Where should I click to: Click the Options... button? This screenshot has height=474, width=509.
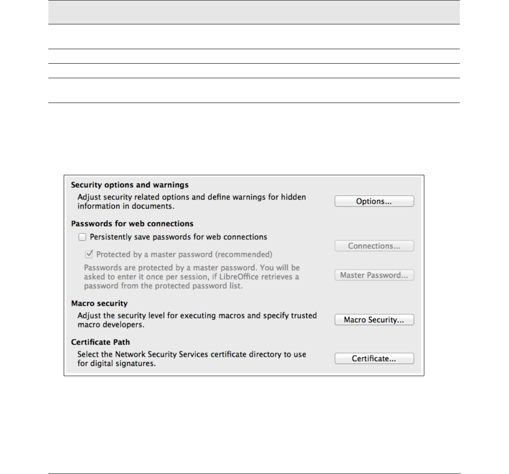point(374,201)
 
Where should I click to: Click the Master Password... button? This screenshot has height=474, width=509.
point(374,275)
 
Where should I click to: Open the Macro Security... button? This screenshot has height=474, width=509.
point(374,320)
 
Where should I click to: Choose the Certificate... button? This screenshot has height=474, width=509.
point(374,359)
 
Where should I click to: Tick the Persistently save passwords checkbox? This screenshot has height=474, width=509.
point(83,237)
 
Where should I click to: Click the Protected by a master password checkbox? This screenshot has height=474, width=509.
point(89,254)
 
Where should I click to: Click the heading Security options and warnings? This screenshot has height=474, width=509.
point(130,185)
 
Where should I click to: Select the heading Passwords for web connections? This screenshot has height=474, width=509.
point(132,224)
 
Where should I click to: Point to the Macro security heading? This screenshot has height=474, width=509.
point(99,303)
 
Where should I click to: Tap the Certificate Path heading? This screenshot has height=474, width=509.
point(101,342)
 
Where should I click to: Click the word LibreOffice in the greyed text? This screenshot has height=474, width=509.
point(239,277)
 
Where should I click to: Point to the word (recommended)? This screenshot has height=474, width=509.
point(243,254)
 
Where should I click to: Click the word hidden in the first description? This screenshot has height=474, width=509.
point(293,197)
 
